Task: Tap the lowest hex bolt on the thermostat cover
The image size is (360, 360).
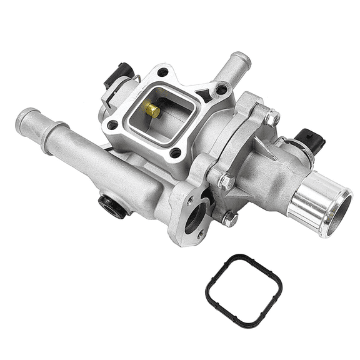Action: [x=229, y=219]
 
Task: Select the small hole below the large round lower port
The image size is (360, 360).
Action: [x=200, y=235]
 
